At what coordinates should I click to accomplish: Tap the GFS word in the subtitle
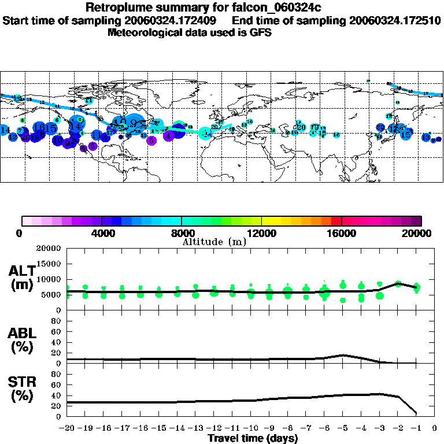[x=261, y=32]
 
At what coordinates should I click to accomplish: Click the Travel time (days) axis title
[x=253, y=438]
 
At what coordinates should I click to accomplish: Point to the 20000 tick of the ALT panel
[x=50, y=249]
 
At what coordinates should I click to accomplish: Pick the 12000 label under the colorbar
[x=262, y=234]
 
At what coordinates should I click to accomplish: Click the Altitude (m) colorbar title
[x=214, y=242]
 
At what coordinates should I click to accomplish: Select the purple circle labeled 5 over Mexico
[x=92, y=146]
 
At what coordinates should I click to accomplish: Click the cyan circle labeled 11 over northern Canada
[x=88, y=100]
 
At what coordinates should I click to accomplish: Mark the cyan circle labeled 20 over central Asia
[x=301, y=127]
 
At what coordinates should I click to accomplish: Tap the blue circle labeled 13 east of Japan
[x=426, y=137]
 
